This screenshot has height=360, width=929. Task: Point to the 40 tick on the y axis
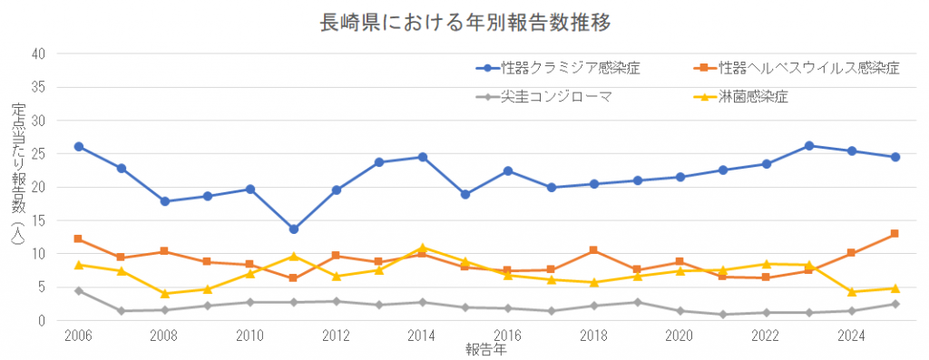39,54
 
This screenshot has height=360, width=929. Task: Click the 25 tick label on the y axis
39,154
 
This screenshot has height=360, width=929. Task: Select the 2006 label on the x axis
78,335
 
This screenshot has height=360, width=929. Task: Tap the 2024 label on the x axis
851,335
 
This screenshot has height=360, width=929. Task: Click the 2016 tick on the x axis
507,335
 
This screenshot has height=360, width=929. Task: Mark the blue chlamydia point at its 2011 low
294,229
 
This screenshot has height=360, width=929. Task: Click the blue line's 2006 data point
79,146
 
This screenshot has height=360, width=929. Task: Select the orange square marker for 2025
895,234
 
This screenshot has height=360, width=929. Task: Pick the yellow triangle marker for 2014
423,248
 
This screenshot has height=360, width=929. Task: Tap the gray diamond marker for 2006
79,291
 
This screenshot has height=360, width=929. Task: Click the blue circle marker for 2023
808,145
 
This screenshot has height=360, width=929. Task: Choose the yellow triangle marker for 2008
165,294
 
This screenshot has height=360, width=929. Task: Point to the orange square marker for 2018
594,250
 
